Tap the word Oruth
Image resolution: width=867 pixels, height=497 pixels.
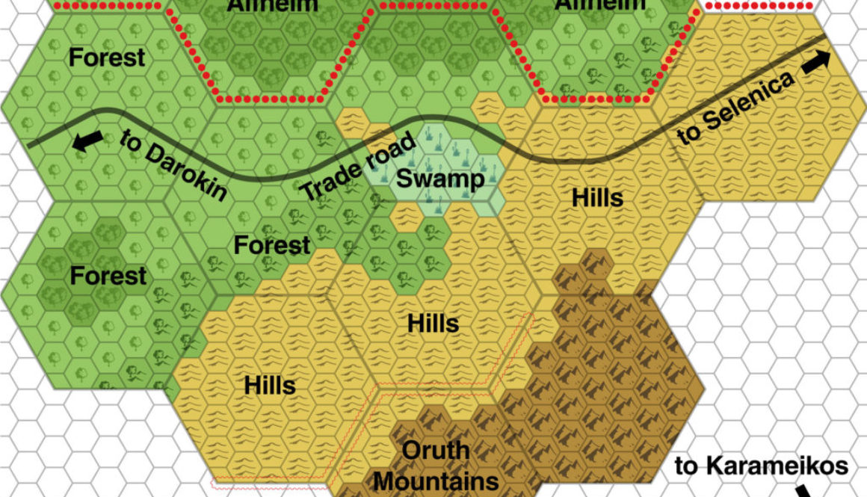[x=436, y=451]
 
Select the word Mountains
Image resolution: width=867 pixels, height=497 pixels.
[x=436, y=479]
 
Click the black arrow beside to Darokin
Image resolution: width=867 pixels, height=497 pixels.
[x=88, y=141]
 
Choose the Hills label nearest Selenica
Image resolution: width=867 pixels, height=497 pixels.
[x=597, y=198]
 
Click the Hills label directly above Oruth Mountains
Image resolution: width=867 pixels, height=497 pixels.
[x=433, y=324]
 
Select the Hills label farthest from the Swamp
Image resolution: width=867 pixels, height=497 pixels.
[x=270, y=386]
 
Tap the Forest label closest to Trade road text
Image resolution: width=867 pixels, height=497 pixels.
[x=272, y=245]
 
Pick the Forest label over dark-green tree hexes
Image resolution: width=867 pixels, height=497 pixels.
[x=108, y=276]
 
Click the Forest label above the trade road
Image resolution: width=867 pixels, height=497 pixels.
[x=107, y=58]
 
